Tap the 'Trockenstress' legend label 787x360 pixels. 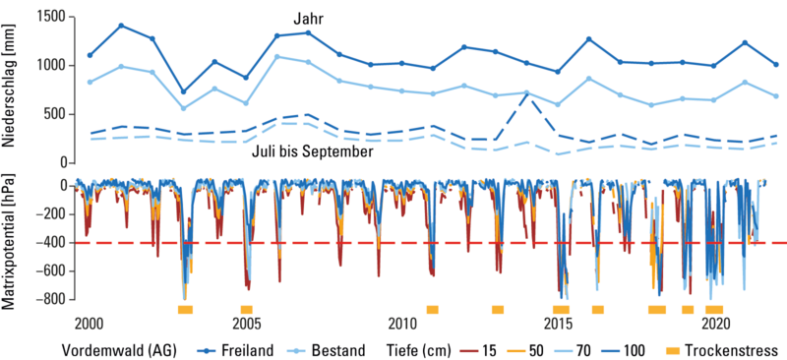click(x=733, y=349)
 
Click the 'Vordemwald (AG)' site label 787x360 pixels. click(x=120, y=349)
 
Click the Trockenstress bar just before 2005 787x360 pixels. click(x=246, y=310)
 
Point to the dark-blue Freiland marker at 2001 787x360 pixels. click(x=121, y=26)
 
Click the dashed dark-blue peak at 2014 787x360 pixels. click(x=527, y=93)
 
